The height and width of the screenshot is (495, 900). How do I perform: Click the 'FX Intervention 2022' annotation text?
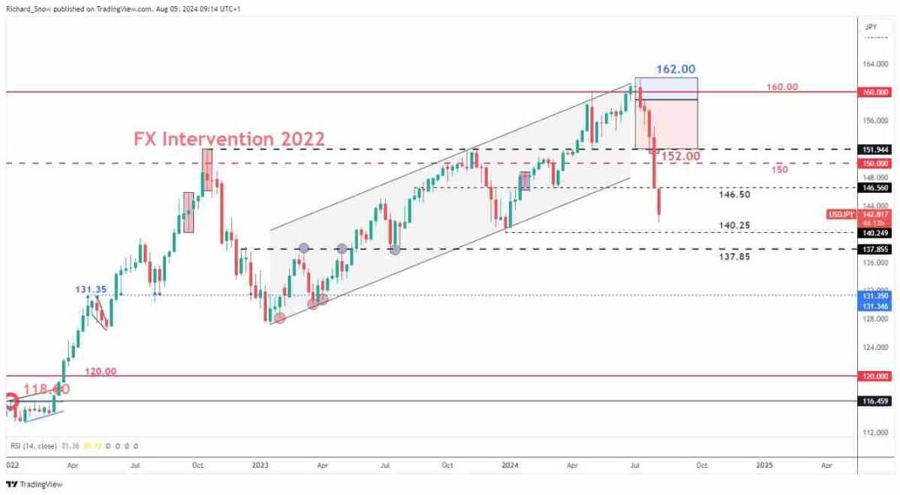228,137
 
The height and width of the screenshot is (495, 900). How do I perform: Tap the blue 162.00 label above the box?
677,68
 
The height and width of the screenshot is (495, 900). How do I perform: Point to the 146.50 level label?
734,194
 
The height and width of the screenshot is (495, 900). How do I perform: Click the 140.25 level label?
734,226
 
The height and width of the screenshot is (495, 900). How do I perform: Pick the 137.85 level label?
734,256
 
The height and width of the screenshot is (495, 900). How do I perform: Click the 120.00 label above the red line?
101,370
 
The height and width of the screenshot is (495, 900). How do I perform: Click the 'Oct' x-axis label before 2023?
197,465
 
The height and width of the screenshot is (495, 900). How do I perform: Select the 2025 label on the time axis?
764,465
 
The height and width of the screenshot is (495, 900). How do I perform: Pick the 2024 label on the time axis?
510,465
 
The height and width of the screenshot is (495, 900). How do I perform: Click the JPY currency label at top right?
871,27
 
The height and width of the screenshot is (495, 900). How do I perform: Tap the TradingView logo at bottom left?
34,484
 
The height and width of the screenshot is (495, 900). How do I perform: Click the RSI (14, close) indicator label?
41,446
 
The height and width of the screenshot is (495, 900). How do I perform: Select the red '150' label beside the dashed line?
780,169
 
